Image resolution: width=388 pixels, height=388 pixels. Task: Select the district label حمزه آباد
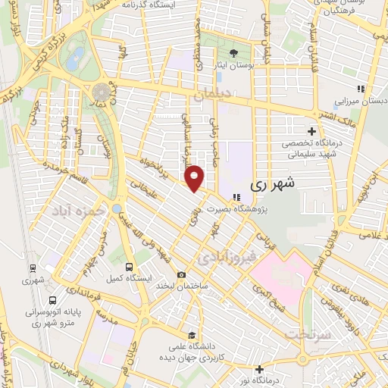(75, 210)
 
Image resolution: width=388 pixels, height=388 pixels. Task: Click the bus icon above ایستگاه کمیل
(130, 267)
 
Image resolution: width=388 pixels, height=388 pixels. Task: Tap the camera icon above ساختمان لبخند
(181, 275)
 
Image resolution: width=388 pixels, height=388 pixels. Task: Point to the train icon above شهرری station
(33, 268)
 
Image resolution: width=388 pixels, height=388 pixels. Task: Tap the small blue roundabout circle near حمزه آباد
(117, 208)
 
